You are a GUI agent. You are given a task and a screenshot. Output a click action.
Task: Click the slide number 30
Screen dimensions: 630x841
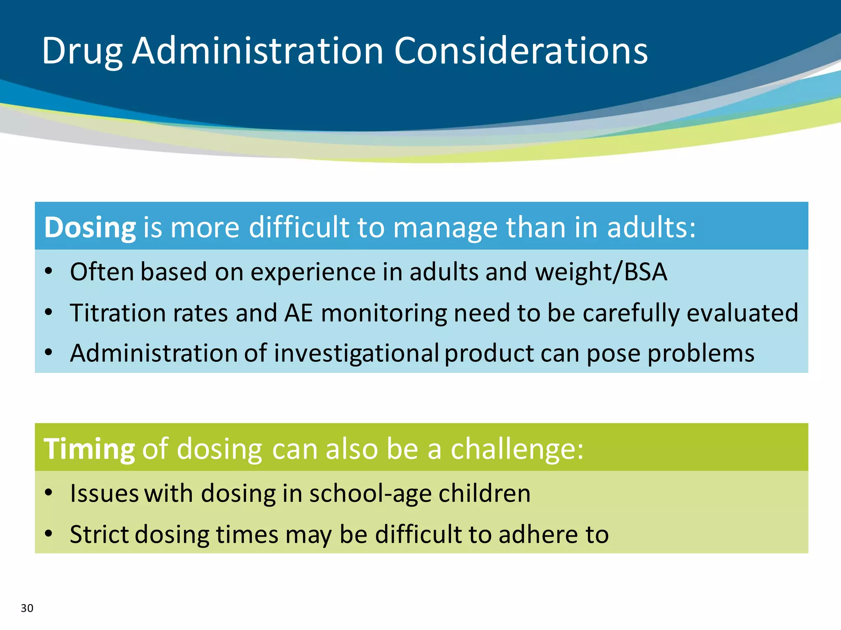[x=27, y=608]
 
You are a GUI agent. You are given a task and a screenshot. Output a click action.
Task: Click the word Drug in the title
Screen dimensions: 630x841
[x=82, y=52]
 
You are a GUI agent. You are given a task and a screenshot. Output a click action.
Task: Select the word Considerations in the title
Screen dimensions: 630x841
[x=521, y=51]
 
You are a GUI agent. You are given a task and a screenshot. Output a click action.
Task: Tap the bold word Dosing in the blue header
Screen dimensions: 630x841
[x=90, y=227]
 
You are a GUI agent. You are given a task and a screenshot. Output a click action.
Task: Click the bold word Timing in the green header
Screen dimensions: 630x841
[x=89, y=449]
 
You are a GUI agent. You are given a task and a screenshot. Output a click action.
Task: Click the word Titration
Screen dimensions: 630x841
[x=118, y=313]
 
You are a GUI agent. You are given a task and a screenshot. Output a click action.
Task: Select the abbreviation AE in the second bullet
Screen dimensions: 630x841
[x=299, y=313]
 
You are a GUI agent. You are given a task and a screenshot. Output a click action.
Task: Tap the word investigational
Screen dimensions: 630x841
[x=356, y=353]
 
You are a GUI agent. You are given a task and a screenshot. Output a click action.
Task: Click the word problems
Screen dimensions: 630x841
[x=701, y=354]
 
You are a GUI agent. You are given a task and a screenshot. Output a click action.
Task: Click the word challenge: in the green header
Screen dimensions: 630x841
[x=517, y=449]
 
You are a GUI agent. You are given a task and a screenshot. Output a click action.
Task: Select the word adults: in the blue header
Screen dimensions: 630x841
[x=651, y=227]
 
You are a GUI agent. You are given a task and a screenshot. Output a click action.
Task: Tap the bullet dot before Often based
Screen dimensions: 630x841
[x=49, y=271]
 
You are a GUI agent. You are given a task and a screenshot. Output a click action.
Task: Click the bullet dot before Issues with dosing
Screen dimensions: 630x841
[x=49, y=492]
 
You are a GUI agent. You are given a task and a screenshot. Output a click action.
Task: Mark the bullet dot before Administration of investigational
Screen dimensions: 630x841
[x=49, y=352]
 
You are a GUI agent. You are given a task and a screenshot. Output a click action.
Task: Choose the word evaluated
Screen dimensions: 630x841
[x=742, y=313]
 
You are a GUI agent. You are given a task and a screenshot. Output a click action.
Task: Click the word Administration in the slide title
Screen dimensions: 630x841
[x=257, y=51]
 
